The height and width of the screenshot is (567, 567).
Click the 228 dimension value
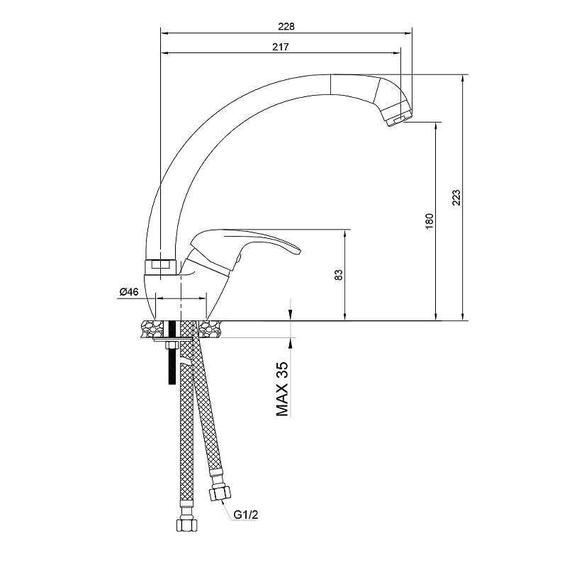pyautogui.click(x=286, y=26)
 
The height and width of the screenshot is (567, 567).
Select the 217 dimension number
pyautogui.click(x=280, y=47)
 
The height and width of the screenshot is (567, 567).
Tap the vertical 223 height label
pyautogui.click(x=456, y=198)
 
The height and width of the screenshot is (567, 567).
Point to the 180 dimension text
pyautogui.click(x=430, y=221)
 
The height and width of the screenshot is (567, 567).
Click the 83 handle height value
pyautogui.click(x=339, y=275)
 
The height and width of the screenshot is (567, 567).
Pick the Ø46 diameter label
pyautogui.click(x=129, y=292)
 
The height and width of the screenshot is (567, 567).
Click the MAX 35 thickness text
pyautogui.click(x=282, y=388)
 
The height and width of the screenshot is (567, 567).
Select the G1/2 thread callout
pyautogui.click(x=246, y=515)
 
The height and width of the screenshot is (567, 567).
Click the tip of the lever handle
pyautogui.click(x=298, y=250)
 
